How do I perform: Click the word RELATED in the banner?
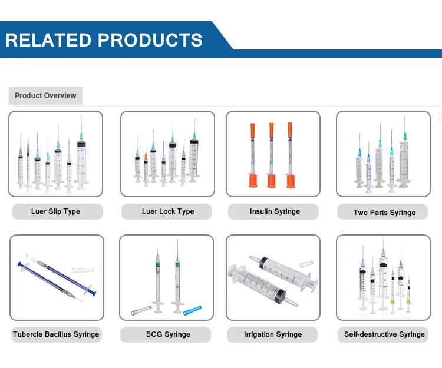pos(48,39)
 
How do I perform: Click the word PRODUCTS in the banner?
pos(150,39)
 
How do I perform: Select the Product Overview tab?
pos(45,95)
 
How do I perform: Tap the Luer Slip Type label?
pos(55,211)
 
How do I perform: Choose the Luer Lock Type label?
pos(168,211)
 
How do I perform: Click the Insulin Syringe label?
pos(275,211)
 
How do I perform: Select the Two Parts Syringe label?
pos(384,213)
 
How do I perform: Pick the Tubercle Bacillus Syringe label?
pos(56,334)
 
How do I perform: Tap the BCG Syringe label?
pos(168,334)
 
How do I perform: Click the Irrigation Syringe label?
pos(272,334)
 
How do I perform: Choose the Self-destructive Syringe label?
pos(384,334)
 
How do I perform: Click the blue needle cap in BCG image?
pos(192,310)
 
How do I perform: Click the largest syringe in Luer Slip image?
pos(81,156)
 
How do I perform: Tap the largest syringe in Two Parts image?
pos(404,156)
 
